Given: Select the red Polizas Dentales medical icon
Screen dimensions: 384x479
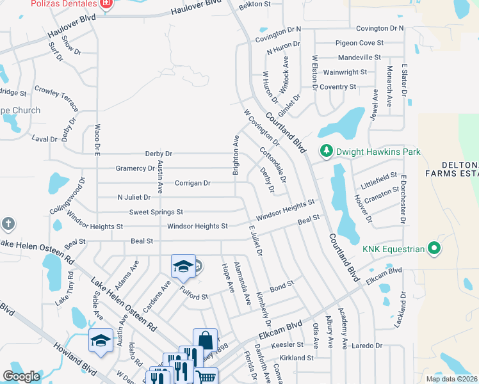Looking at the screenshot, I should click(x=106, y=5).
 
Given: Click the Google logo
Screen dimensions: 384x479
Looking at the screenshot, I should click(x=21, y=376).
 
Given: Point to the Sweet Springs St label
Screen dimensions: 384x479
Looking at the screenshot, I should click(x=156, y=212).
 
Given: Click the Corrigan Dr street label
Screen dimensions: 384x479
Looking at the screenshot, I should click(x=192, y=183).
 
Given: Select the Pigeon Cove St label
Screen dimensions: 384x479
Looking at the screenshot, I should click(x=359, y=43).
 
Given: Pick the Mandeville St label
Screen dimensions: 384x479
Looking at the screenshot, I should click(x=359, y=58).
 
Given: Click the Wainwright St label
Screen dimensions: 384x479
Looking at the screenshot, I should click(x=345, y=72).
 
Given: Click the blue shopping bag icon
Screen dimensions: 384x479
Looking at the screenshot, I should click(x=206, y=340).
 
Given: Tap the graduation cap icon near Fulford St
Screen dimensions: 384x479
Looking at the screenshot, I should click(x=183, y=267).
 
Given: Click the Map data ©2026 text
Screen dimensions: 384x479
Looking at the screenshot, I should click(x=451, y=379).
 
